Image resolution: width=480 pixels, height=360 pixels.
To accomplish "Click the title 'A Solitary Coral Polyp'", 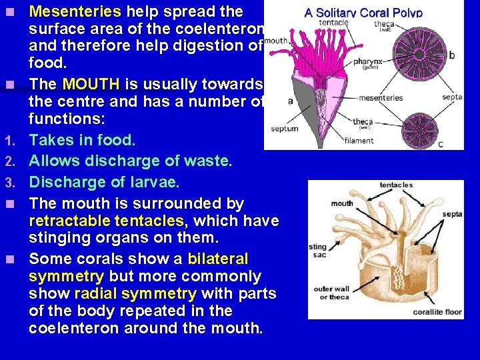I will click(363, 12).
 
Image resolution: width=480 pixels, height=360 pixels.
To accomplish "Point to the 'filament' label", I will click(359, 141).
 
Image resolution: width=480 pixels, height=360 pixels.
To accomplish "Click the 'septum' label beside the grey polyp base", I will click(284, 128).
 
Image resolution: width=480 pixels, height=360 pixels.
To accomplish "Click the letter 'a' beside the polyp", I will click(291, 101).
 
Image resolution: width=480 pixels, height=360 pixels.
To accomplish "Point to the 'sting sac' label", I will click(317, 251).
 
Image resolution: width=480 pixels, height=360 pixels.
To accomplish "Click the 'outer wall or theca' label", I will click(331, 293).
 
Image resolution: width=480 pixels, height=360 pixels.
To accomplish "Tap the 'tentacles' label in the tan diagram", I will click(396, 185).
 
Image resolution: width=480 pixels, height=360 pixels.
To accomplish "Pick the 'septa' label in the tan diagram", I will click(451, 214).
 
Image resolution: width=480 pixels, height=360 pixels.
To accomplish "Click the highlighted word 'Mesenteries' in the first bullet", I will click(75, 11).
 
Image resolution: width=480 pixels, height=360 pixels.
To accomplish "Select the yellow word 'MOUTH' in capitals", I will click(90, 85).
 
